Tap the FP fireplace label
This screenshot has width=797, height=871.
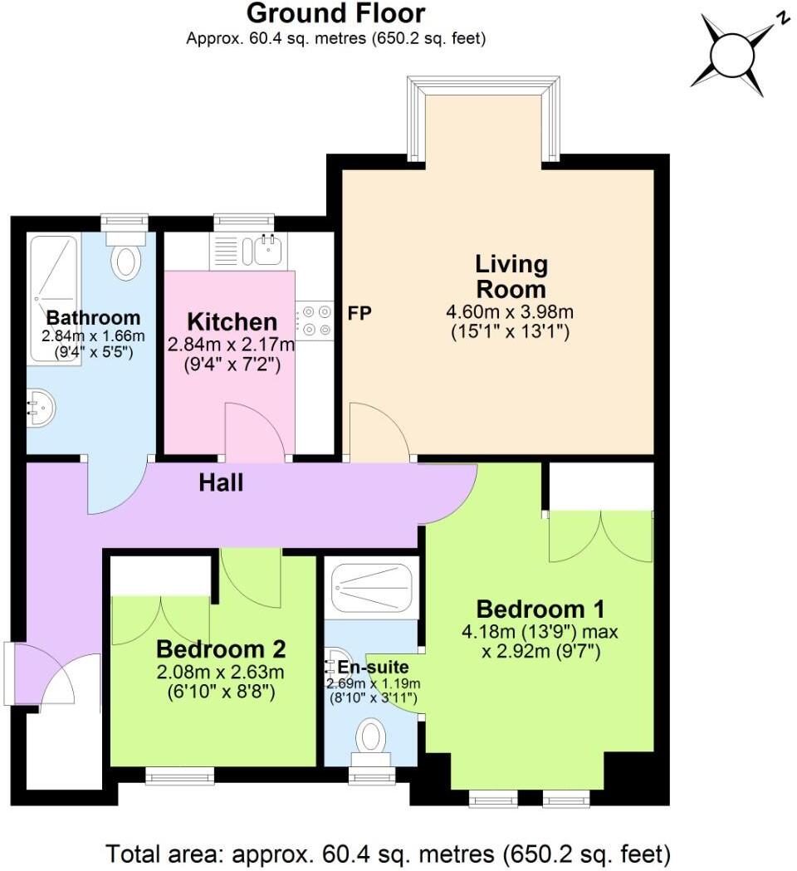pyautogui.click(x=360, y=314)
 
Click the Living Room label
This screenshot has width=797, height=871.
pyautogui.click(x=511, y=276)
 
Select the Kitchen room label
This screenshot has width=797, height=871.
pyautogui.click(x=232, y=321)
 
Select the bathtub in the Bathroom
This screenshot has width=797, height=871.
pyautogui.click(x=54, y=299)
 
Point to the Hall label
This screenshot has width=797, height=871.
pyautogui.click(x=221, y=482)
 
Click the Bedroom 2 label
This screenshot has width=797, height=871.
pyautogui.click(x=221, y=648)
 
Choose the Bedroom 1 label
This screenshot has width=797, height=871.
pyautogui.click(x=540, y=609)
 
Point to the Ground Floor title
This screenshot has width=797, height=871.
pyautogui.click(x=335, y=13)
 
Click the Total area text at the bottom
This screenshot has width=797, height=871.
pyautogui.click(x=388, y=853)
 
